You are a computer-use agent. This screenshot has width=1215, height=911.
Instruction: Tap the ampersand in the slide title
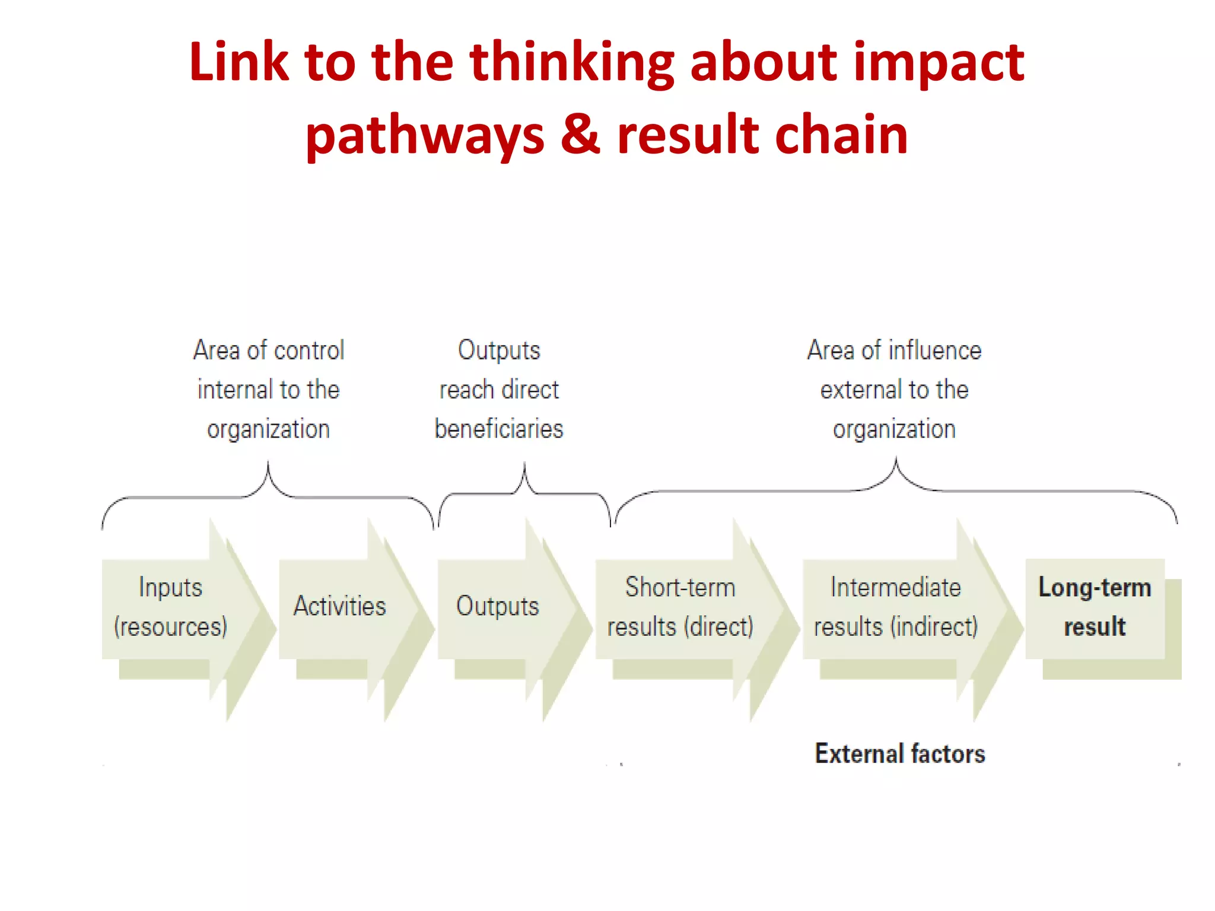click(x=580, y=134)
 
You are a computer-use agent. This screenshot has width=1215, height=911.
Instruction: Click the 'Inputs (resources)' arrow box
click(x=170, y=607)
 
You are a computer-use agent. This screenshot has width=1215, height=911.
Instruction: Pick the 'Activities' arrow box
click(x=339, y=607)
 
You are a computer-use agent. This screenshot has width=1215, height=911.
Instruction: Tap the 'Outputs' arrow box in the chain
click(x=497, y=607)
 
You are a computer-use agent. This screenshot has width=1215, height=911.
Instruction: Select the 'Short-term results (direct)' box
click(x=680, y=607)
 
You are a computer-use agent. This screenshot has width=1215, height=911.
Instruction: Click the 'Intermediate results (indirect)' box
click(x=895, y=607)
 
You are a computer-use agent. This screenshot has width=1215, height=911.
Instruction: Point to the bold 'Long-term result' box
click(x=1095, y=607)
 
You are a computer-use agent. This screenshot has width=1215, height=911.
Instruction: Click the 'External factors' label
click(x=900, y=754)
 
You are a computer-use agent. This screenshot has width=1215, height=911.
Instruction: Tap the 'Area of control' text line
click(x=269, y=351)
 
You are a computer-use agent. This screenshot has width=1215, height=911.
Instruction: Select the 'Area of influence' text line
click(x=894, y=351)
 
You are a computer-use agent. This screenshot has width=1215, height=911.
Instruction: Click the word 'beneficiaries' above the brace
click(x=499, y=429)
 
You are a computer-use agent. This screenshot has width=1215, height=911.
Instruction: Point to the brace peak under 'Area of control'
click(x=268, y=466)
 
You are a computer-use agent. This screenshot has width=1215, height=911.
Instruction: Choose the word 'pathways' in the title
click(x=425, y=135)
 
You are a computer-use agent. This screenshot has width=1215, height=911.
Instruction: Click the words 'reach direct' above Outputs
click(x=499, y=390)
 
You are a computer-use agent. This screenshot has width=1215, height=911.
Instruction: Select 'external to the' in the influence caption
click(x=894, y=390)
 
